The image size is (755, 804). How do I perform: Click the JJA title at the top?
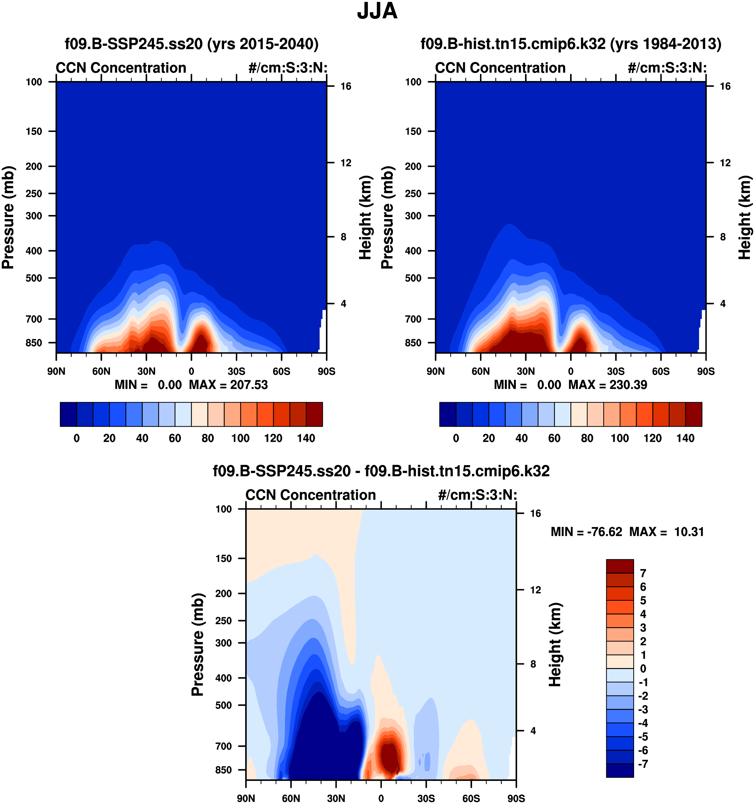(x=377, y=11)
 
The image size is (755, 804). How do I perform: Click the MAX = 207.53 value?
(x=228, y=385)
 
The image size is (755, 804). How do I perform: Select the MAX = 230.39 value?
(x=608, y=385)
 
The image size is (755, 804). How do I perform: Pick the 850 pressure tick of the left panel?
(x=34, y=343)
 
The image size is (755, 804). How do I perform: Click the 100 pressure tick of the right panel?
(x=413, y=82)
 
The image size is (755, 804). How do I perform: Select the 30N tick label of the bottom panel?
(x=336, y=798)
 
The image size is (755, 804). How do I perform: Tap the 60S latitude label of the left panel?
(x=281, y=371)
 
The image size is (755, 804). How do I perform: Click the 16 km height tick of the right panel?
(x=725, y=86)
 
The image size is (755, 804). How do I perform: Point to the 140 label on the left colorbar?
(x=306, y=438)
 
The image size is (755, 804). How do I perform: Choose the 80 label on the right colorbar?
(x=587, y=438)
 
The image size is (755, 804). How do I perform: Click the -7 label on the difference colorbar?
(x=643, y=764)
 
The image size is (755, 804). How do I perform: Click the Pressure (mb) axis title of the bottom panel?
(x=197, y=645)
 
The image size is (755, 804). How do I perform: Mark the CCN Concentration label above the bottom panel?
(x=311, y=495)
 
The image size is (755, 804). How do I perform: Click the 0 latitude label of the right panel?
(x=570, y=371)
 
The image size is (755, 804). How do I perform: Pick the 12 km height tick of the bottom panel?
(x=535, y=590)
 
